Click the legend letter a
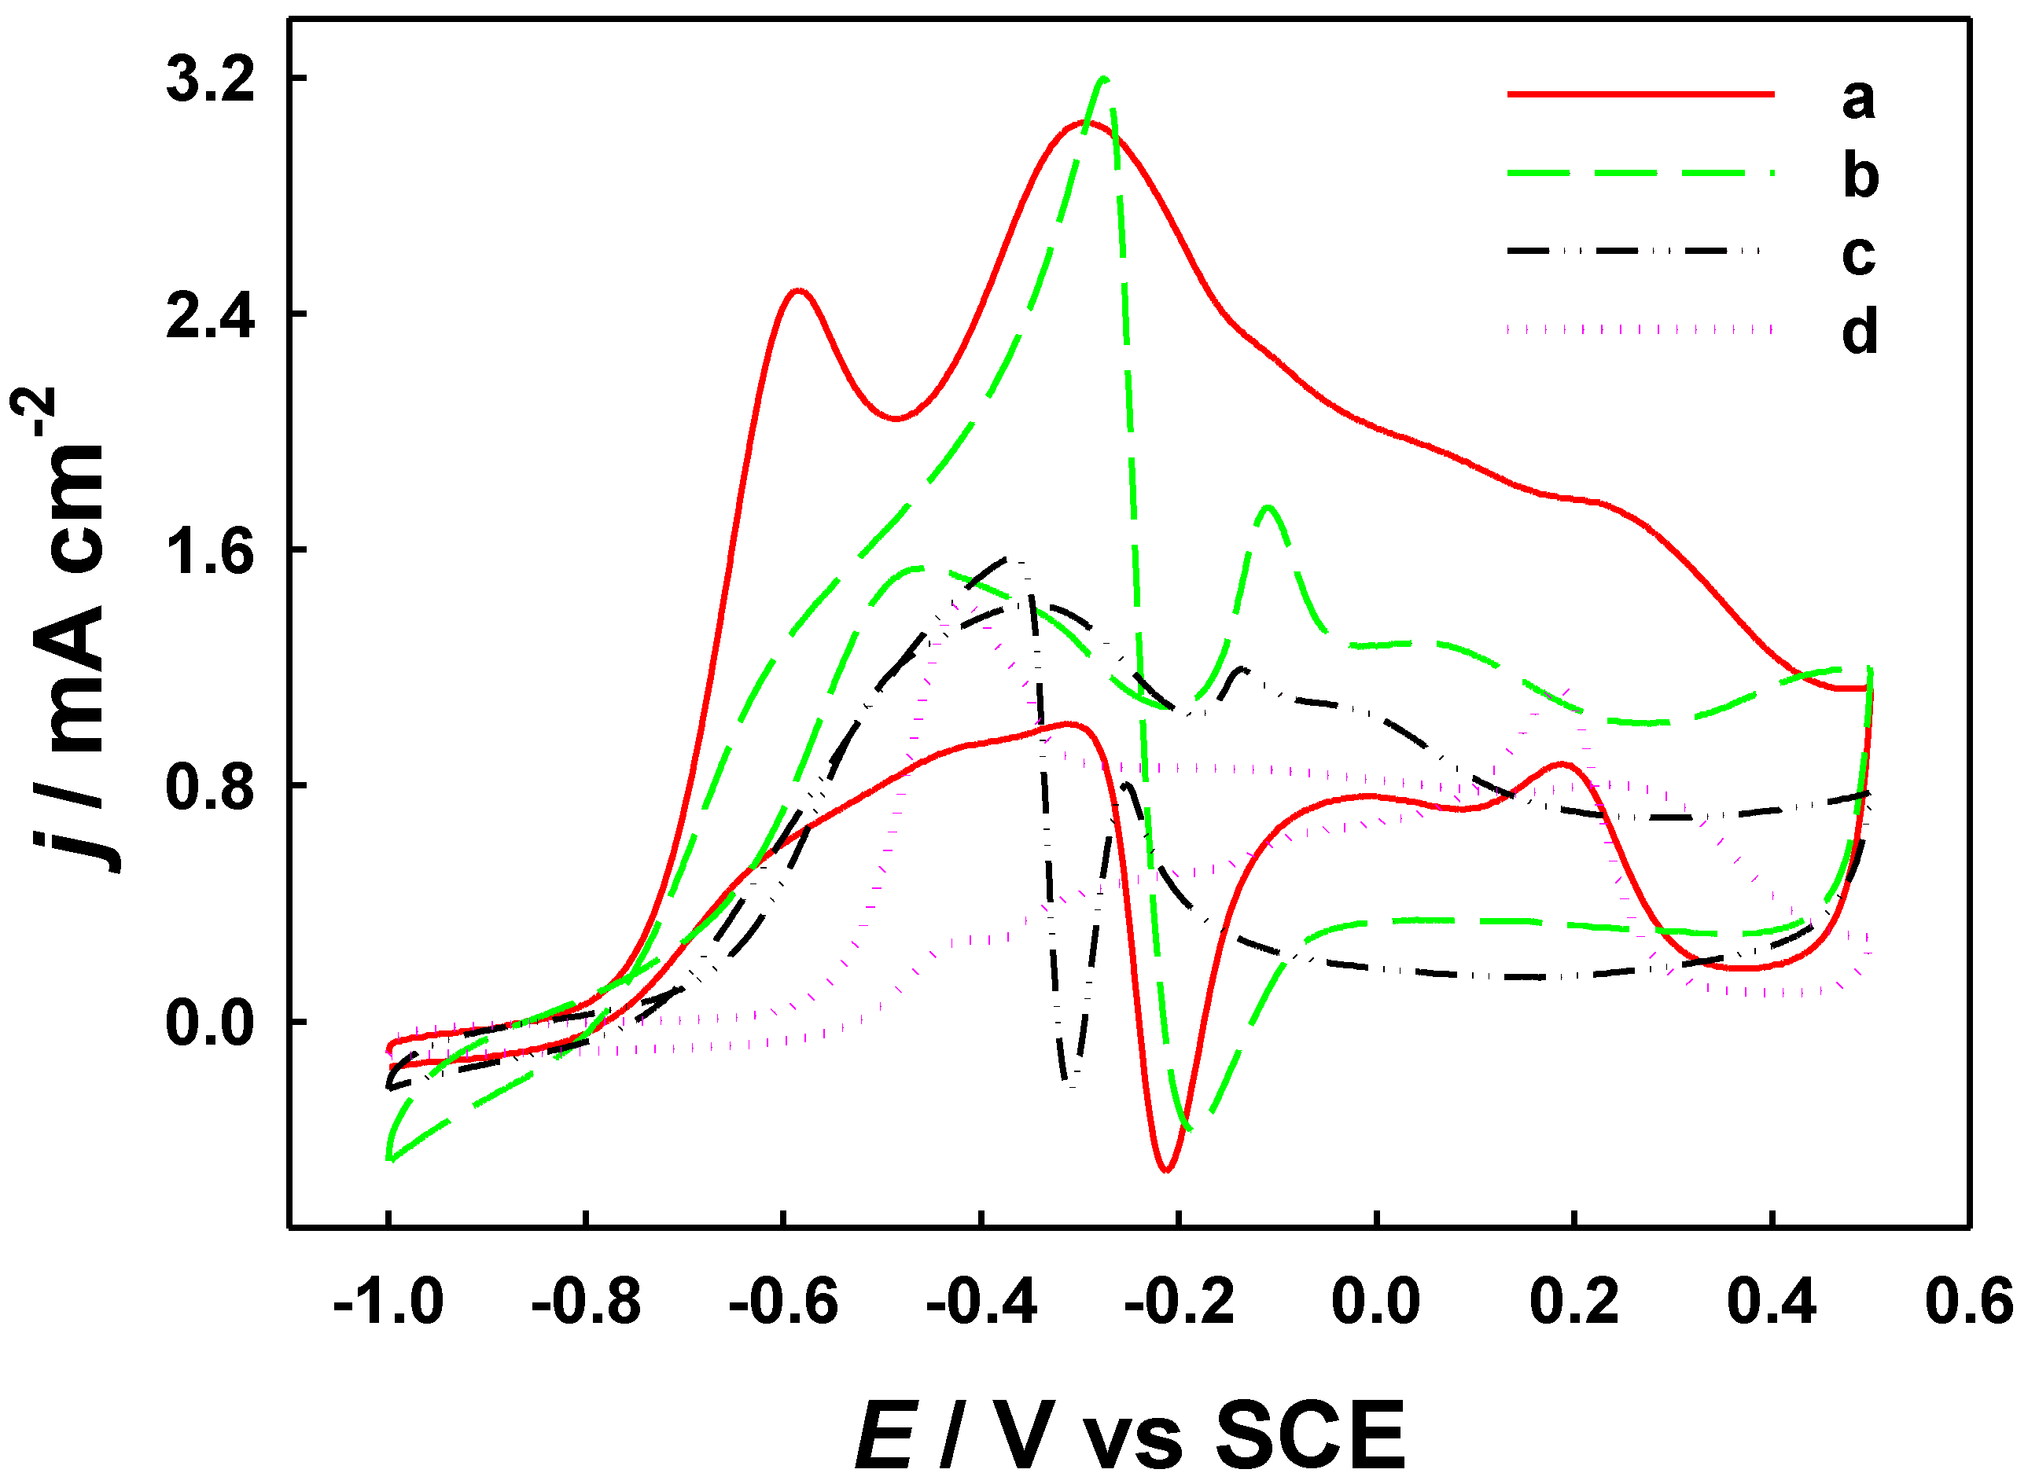click(x=1858, y=98)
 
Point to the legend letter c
click(x=1858, y=254)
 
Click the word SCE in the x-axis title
click(x=1310, y=1435)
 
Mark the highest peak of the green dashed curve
click(x=1103, y=79)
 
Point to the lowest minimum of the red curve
click(x=1166, y=1170)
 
